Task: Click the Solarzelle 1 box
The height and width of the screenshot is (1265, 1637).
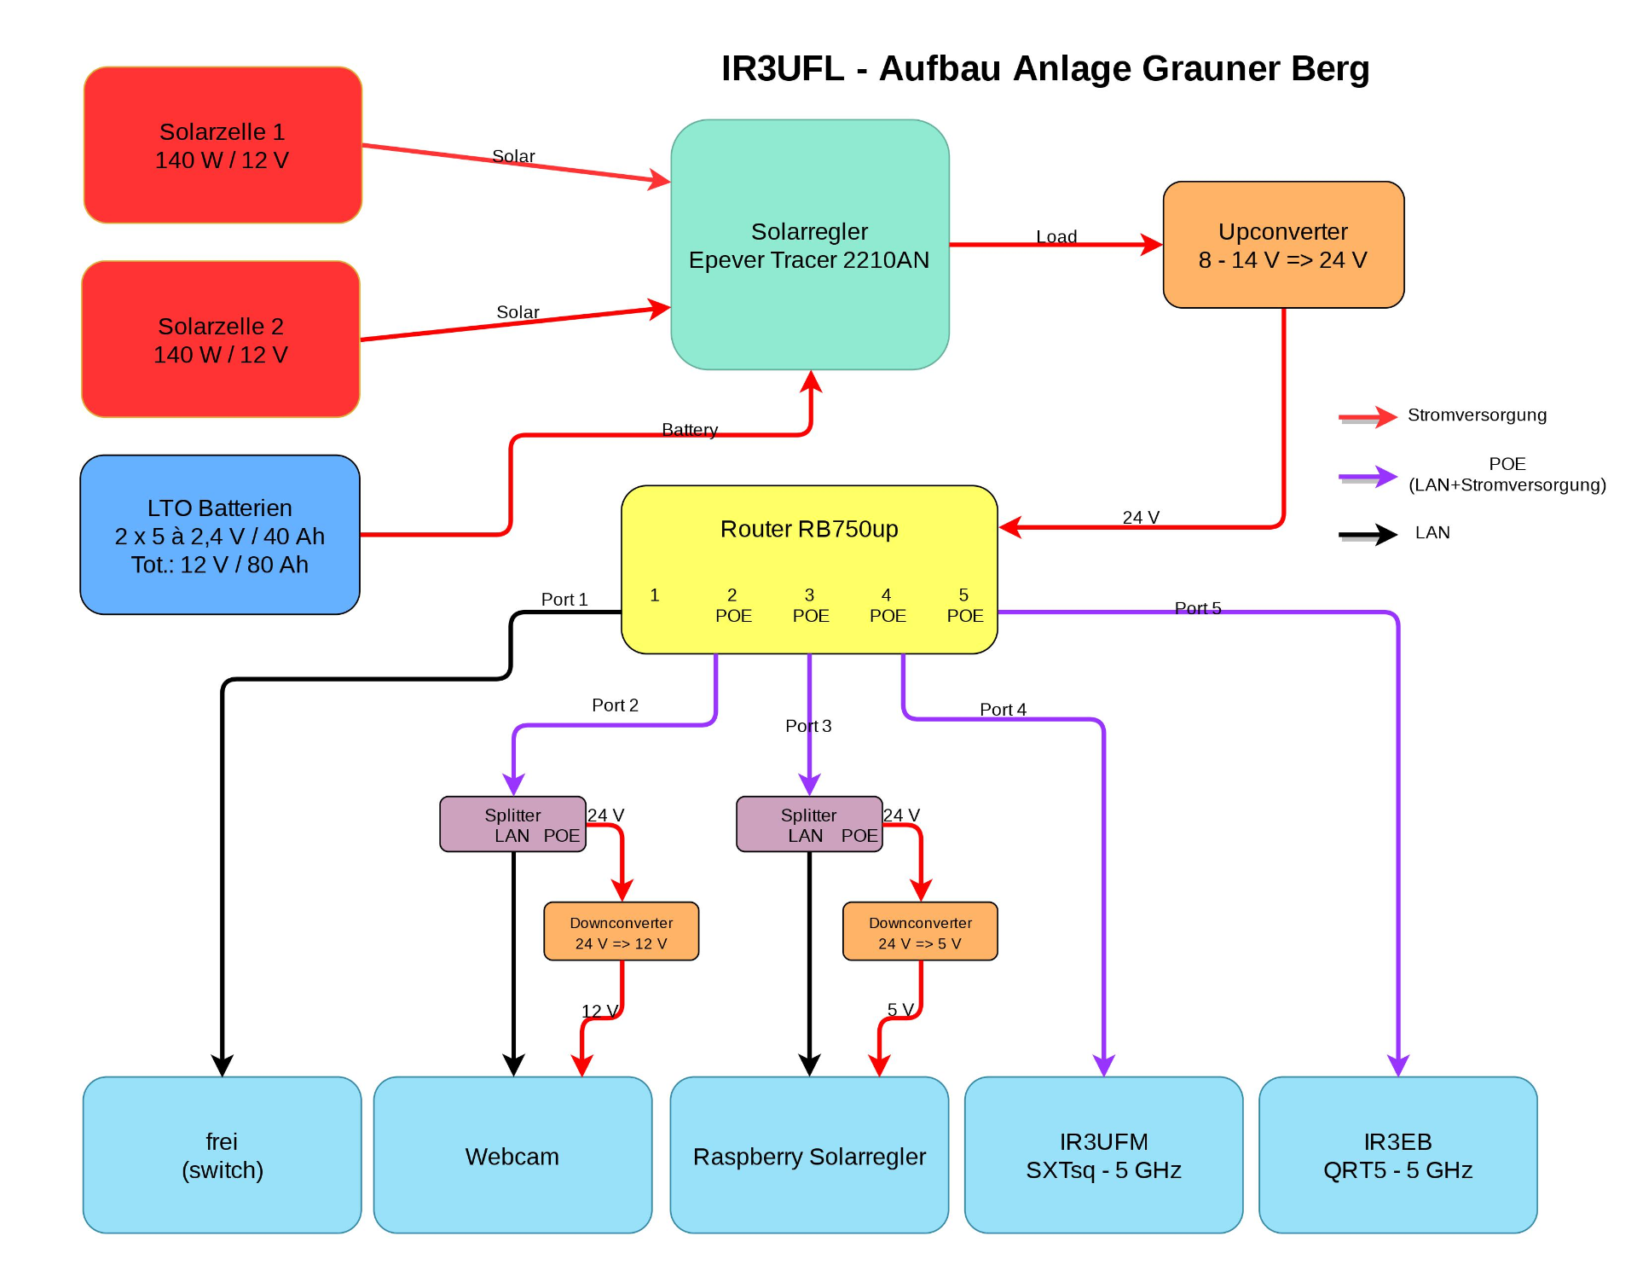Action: pos(223,145)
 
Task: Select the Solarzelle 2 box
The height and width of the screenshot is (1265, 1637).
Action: pos(221,339)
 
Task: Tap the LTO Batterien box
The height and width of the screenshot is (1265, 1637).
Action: pos(220,535)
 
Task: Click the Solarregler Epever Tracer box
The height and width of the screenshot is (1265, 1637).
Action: pos(809,245)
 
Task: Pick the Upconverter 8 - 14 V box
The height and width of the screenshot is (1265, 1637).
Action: pos(1283,245)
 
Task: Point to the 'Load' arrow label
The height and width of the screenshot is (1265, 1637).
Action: pos(1056,236)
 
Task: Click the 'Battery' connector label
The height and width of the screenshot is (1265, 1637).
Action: pos(690,429)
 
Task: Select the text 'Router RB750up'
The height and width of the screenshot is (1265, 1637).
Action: pos(809,529)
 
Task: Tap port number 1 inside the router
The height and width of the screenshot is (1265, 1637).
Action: pos(654,595)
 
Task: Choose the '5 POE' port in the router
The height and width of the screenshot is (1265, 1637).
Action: pos(964,606)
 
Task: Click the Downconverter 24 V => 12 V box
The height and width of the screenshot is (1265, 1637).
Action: pos(621,932)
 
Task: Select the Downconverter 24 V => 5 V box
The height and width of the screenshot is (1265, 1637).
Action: pos(920,932)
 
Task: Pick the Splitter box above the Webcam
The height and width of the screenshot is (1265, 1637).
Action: pos(512,825)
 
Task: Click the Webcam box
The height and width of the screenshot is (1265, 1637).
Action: pos(512,1155)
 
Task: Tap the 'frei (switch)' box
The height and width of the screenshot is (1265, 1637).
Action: pos(222,1155)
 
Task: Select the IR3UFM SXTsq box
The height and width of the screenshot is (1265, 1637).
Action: pos(1103,1155)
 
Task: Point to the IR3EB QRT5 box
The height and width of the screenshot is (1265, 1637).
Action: pos(1397,1155)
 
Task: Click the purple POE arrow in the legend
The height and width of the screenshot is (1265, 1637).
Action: pos(1368,477)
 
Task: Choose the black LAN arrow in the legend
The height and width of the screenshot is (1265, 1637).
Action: pos(1368,535)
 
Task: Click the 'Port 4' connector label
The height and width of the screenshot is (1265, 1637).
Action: pos(1003,709)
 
